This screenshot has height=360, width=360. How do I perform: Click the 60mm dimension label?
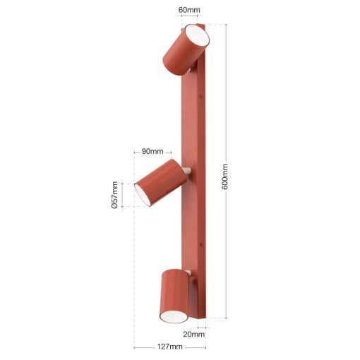coord(189,10)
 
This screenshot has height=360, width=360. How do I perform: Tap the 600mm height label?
coord(225,177)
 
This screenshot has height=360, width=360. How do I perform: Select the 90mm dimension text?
coord(152,151)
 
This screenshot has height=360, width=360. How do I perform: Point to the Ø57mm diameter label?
coord(114,195)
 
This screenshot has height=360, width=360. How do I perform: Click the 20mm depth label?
coord(194,334)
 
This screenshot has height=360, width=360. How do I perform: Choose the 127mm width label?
coord(170,347)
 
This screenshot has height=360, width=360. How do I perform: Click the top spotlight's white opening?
coord(197,36)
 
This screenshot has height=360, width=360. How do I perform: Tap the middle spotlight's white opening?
coord(143,195)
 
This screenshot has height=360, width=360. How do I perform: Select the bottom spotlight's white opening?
coord(174,316)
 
